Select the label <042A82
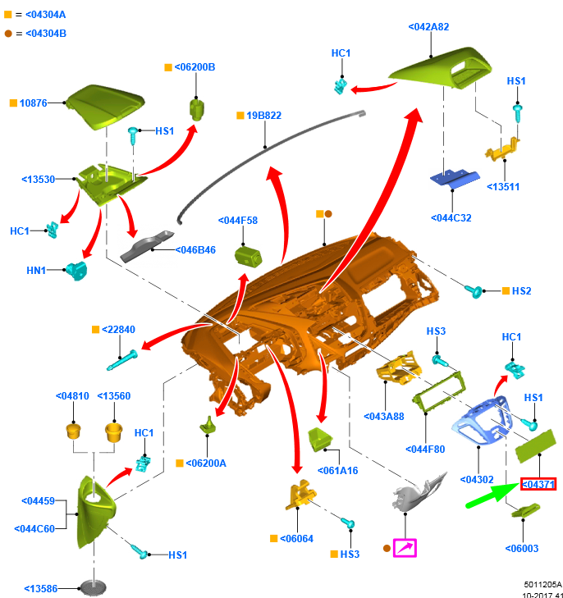click(x=428, y=27)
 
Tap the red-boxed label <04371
click(x=538, y=485)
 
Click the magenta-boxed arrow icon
click(x=405, y=547)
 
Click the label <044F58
click(x=238, y=220)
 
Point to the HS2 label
click(x=521, y=291)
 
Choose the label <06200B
click(x=195, y=67)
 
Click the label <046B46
click(x=195, y=249)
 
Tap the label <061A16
click(x=337, y=470)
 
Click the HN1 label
click(x=36, y=270)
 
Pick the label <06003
click(x=522, y=548)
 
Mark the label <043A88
click(x=384, y=417)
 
